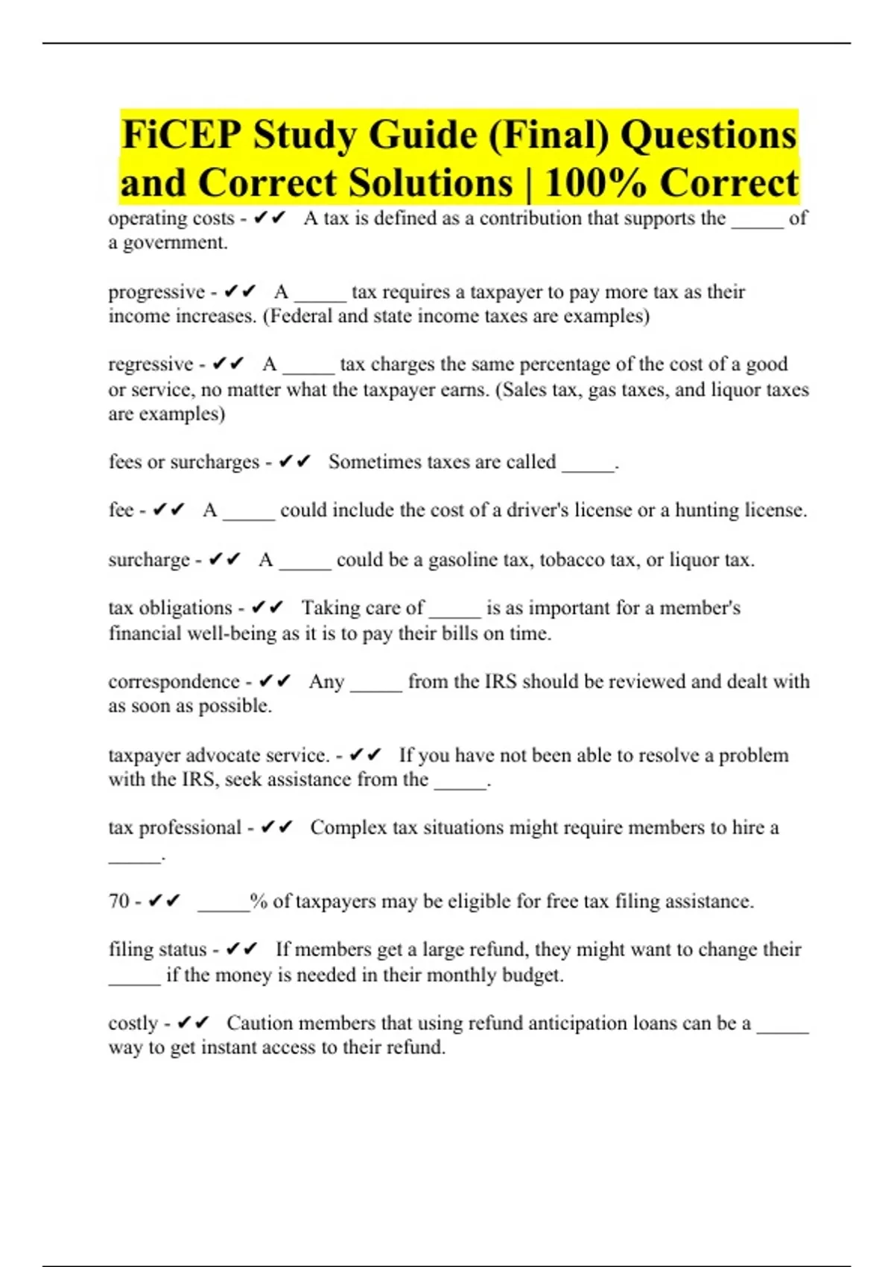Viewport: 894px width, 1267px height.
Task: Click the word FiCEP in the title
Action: [x=181, y=135]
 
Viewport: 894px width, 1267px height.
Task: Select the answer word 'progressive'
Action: [x=156, y=291]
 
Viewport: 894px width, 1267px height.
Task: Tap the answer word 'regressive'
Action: [x=150, y=364]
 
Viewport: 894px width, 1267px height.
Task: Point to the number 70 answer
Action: [x=119, y=901]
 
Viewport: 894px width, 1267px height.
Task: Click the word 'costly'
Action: [x=133, y=1023]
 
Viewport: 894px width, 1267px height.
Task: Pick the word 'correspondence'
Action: [x=174, y=682]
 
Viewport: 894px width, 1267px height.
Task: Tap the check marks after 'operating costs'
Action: [x=270, y=218]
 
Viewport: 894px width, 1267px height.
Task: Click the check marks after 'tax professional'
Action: [x=277, y=827]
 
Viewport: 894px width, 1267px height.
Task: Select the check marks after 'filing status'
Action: [x=241, y=950]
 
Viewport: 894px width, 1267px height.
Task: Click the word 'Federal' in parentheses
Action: [x=301, y=316]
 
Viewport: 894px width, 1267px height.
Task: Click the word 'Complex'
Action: [x=349, y=827]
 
